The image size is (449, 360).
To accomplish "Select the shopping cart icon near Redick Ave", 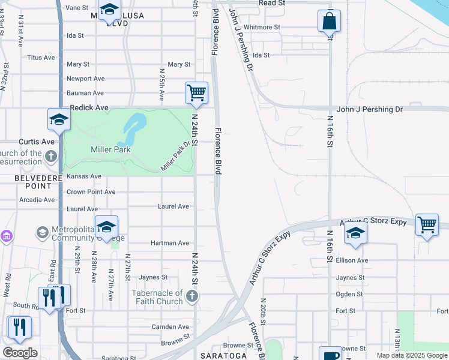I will [x=196, y=94].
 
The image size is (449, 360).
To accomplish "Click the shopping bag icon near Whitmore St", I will [x=329, y=21].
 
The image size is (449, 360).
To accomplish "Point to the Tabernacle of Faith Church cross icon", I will [x=191, y=296].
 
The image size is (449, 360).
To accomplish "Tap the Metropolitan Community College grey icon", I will [x=42, y=232].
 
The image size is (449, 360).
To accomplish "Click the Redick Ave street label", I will [x=89, y=108].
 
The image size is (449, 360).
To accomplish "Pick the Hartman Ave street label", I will [x=172, y=243].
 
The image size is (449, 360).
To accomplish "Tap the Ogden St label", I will [x=349, y=294].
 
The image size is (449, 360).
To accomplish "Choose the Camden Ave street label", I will [x=171, y=327].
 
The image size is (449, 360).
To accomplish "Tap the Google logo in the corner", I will [x=20, y=353].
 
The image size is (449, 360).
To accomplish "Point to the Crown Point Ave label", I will [x=91, y=192].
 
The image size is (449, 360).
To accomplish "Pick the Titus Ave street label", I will [x=41, y=58].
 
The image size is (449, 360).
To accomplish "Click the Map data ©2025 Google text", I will [x=412, y=355].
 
